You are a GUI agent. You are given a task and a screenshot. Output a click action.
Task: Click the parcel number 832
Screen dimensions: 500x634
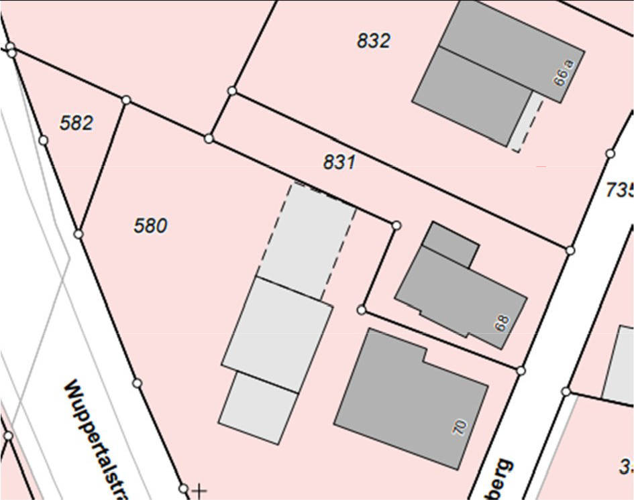373,41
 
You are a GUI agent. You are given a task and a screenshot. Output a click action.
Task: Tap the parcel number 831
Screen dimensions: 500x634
339,162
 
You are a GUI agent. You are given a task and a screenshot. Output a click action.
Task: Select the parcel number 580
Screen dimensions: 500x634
150,226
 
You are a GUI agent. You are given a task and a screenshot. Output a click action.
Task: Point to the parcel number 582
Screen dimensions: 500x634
76,123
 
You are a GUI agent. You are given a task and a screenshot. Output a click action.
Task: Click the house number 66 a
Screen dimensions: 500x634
564,72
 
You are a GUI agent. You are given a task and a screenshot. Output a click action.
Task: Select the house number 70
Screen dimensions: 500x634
460,427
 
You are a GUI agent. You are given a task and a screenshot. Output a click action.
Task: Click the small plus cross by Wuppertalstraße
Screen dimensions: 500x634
199,491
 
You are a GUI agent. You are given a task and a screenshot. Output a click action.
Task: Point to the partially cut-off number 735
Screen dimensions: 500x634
619,190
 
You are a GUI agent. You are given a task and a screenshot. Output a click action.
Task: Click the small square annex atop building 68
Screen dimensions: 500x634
451,242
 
